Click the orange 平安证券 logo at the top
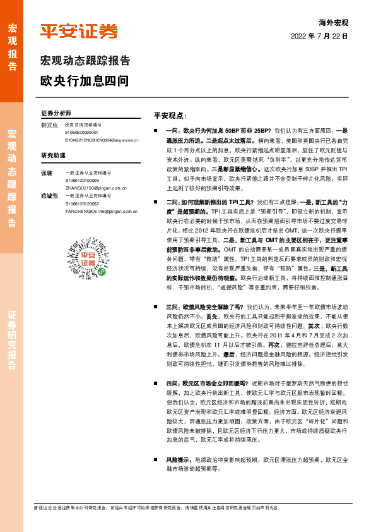coord(79,31)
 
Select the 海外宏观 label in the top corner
coord(333,23)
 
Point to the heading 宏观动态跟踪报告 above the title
coord(85,61)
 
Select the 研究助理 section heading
coord(53,155)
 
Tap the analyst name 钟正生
coord(49,125)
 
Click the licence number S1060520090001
coord(81,132)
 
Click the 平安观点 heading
coord(170,116)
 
